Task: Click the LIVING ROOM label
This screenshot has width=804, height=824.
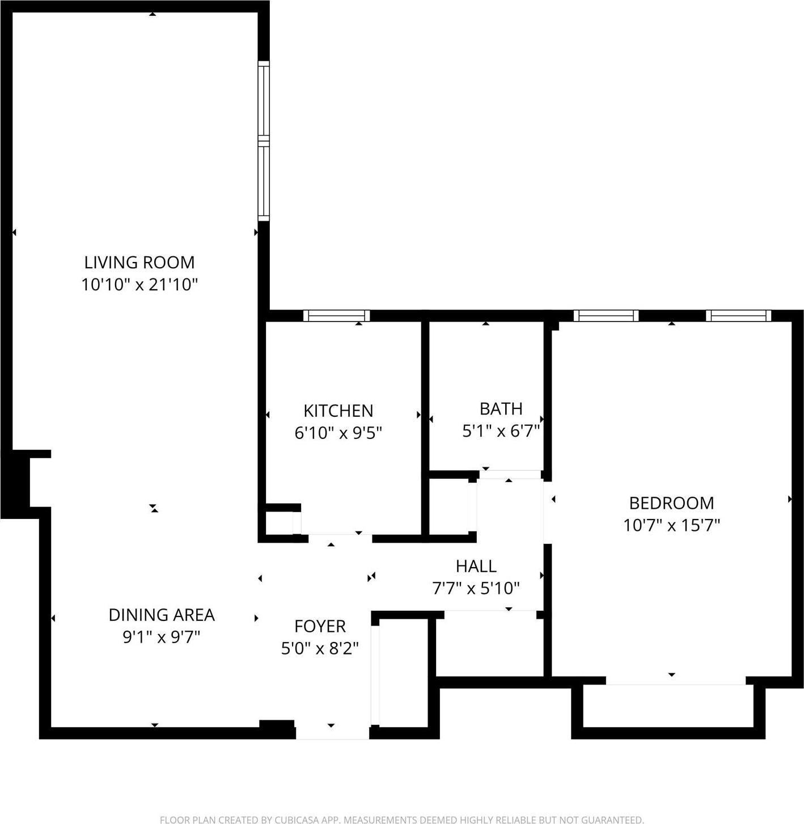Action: coord(139,263)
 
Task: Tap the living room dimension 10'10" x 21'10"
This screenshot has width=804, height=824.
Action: coord(139,285)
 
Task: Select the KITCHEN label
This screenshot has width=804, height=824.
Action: coord(338,411)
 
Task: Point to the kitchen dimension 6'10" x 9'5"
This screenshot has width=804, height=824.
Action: coord(338,433)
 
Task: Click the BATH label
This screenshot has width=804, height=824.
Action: coord(501,409)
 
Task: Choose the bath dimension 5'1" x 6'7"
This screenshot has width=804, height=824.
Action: coord(501,432)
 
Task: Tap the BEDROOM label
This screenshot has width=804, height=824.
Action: coord(671,503)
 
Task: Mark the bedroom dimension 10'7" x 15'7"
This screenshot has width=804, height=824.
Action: coord(671,526)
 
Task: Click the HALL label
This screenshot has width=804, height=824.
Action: coord(476,566)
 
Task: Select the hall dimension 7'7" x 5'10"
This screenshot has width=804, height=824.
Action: coord(476,589)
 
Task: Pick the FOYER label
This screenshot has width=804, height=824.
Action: coord(320,626)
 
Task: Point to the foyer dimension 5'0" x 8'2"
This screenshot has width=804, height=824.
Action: coord(320,648)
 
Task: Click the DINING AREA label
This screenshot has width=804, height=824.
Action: coord(162,615)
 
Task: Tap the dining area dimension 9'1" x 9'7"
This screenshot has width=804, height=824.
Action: coord(162,637)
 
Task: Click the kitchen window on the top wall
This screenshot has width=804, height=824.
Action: coord(336,316)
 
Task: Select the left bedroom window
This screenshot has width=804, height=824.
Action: coord(606,316)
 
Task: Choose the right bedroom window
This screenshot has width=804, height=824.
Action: coord(738,316)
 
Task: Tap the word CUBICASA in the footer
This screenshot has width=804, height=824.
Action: coord(297,819)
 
